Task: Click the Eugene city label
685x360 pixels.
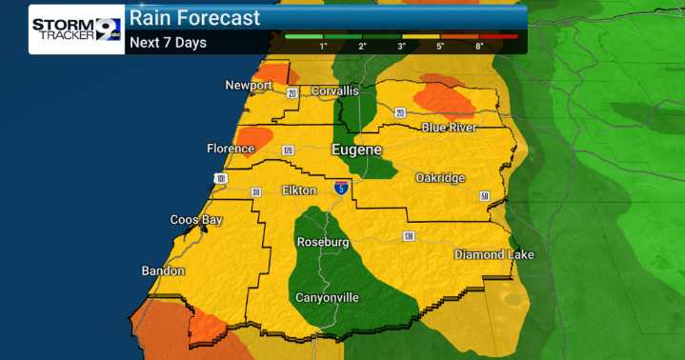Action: tap(356, 150)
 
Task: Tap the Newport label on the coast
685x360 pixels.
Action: tap(249, 86)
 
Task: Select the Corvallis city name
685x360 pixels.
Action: tap(332, 90)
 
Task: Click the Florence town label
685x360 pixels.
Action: tap(230, 149)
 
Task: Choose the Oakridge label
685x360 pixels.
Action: tap(440, 178)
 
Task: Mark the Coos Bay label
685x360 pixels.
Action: tap(195, 220)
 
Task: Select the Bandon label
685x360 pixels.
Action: tap(163, 271)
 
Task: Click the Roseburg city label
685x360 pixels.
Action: tap(326, 243)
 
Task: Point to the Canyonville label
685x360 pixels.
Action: tap(327, 297)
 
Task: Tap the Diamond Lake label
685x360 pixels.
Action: tap(494, 254)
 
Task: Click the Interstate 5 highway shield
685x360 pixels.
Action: tap(341, 188)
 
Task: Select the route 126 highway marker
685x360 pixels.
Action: tap(287, 150)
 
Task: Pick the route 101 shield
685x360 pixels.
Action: tap(221, 177)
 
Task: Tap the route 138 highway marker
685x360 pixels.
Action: tap(408, 235)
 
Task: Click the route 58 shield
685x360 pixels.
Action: tap(484, 196)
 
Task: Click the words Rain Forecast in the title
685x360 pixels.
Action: tap(194, 18)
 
